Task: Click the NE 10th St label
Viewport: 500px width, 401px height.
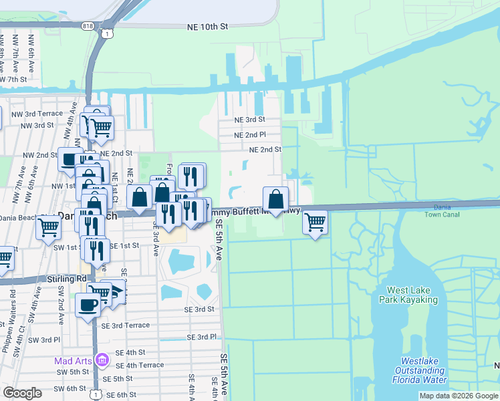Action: point(208,26)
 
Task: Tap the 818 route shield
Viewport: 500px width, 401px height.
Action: point(88,25)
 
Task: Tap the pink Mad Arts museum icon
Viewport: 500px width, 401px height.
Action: point(101,360)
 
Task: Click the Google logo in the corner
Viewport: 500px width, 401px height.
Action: point(22,393)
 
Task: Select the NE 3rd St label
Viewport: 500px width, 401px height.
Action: point(249,120)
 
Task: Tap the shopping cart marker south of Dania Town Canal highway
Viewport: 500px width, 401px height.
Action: point(315,221)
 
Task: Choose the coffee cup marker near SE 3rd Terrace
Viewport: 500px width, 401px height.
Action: point(88,305)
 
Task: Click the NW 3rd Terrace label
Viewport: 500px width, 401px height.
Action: point(43,114)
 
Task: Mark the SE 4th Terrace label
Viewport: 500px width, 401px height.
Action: point(140,365)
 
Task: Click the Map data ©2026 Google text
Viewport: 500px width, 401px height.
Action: point(458,396)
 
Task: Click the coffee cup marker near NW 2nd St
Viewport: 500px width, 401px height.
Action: point(70,159)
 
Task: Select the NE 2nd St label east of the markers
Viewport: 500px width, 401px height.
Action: point(265,150)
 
